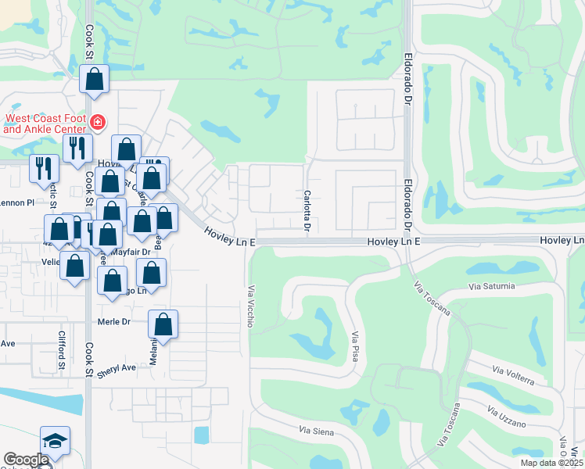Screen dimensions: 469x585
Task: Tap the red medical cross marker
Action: click(x=98, y=121)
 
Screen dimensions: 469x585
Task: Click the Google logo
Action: click(x=26, y=460)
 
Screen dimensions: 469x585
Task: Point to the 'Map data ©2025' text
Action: click(x=549, y=463)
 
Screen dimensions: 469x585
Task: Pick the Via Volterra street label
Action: click(x=513, y=374)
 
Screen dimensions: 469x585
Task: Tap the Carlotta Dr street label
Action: click(x=307, y=211)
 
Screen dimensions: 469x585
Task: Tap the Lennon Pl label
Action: click(x=19, y=202)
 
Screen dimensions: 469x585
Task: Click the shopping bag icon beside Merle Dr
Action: click(x=163, y=324)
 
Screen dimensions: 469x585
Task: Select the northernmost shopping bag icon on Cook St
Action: click(x=94, y=79)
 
